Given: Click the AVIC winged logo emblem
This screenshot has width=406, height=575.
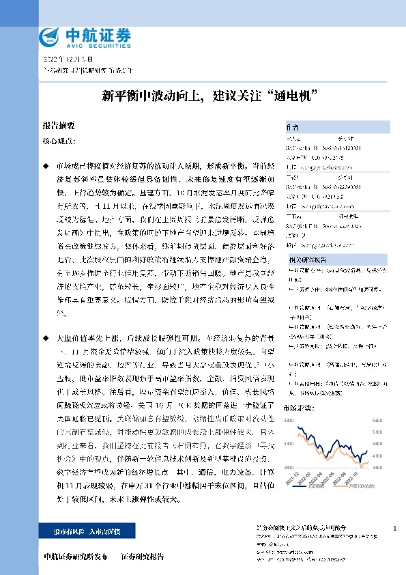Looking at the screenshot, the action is (x=50, y=36).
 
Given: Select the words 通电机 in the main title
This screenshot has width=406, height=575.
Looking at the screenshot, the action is (x=294, y=95).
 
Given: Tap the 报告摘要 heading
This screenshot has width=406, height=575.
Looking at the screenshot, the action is (x=59, y=126).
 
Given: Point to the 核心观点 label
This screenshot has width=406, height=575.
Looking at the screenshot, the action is (x=59, y=141).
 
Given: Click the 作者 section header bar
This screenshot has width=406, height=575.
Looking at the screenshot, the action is (x=334, y=126).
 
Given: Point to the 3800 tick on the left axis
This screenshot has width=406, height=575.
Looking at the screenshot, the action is (x=289, y=419).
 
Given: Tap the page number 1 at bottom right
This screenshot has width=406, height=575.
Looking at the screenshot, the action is (x=395, y=529).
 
